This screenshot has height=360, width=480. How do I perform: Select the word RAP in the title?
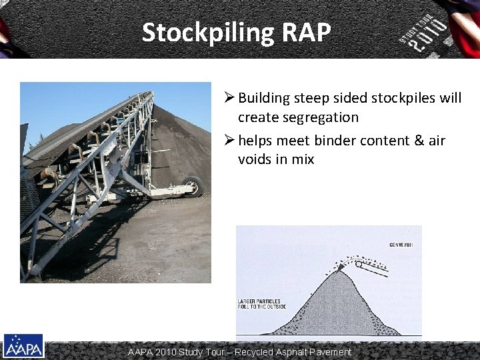coord(307,32)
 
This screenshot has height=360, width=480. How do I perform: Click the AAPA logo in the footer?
coord(23,346)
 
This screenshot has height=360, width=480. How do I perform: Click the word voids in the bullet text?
coord(257,159)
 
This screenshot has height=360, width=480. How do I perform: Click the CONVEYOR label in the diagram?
coord(402,245)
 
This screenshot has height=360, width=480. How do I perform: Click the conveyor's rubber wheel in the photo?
coord(193,186)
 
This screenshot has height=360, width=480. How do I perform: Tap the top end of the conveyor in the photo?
coord(148,95)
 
